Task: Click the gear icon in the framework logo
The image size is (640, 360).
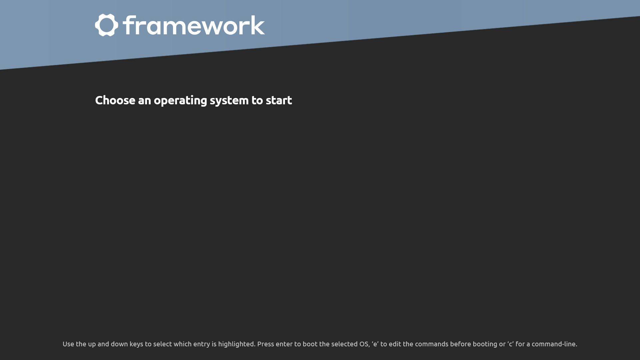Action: [x=107, y=25]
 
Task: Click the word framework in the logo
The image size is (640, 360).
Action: [x=194, y=25]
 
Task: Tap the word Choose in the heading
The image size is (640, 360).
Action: [x=115, y=100]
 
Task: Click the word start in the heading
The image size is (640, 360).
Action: [x=279, y=100]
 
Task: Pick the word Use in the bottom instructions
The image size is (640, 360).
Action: [x=68, y=344]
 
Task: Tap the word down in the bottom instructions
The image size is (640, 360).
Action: [x=119, y=344]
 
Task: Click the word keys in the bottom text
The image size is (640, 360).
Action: [x=136, y=344]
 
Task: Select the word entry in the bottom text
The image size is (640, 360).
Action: [x=202, y=344]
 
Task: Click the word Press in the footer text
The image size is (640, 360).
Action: [x=265, y=344]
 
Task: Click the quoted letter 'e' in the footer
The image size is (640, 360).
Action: [x=375, y=344]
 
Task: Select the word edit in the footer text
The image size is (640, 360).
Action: [x=395, y=344]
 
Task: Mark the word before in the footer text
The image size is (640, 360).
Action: [x=460, y=344]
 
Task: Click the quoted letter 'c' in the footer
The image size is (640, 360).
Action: [x=510, y=344]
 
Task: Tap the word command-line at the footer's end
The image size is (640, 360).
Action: [x=554, y=344]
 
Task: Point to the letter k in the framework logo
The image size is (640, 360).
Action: [x=258, y=25]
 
